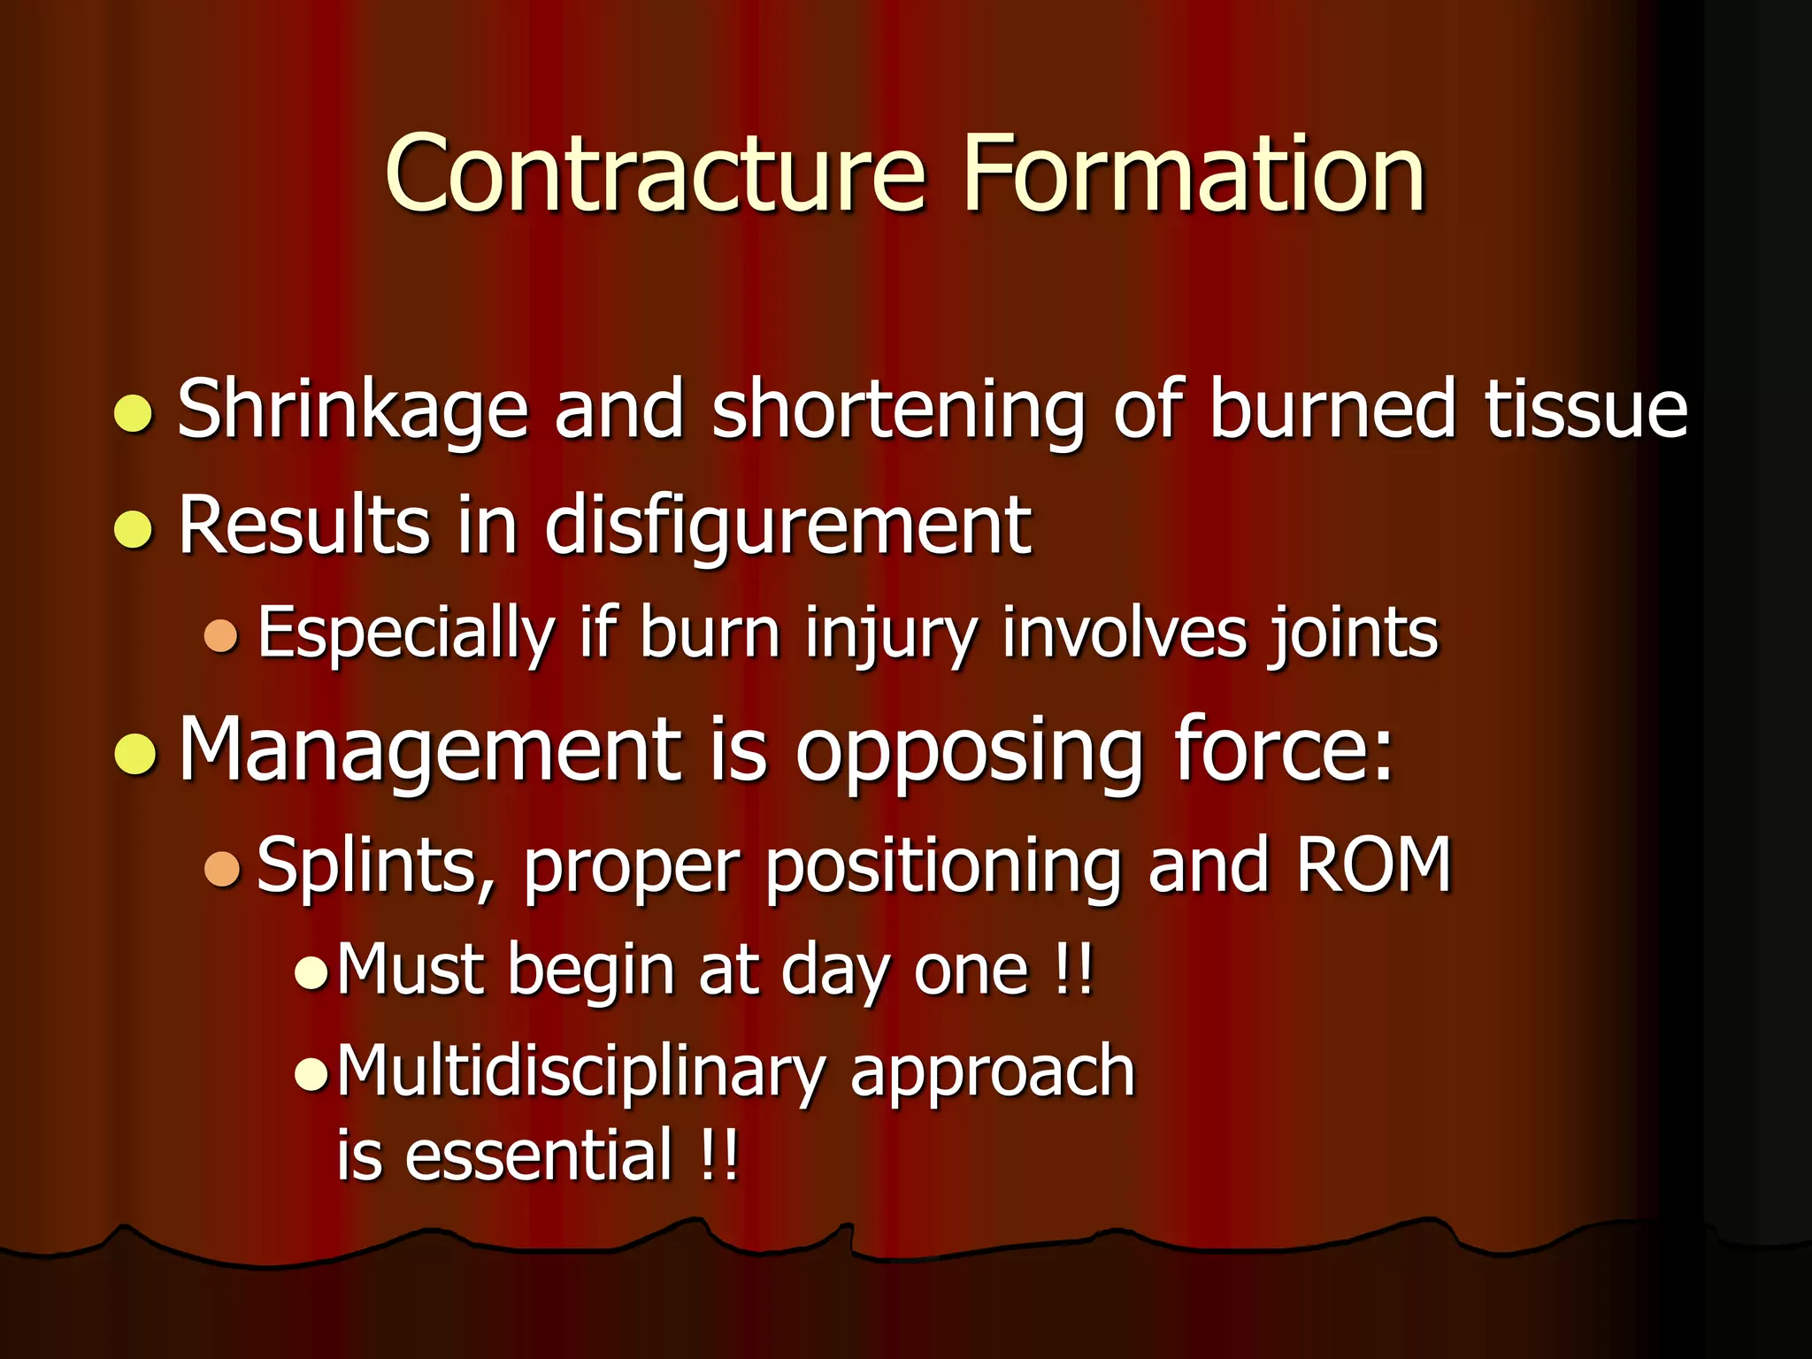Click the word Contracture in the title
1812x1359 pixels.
(x=656, y=173)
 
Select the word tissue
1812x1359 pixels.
(x=1585, y=409)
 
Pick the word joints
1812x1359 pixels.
(x=1354, y=633)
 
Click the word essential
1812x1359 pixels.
(x=539, y=1155)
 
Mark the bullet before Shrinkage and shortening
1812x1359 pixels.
(x=134, y=414)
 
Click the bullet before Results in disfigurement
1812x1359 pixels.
(x=134, y=529)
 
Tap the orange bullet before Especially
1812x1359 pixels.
(x=221, y=636)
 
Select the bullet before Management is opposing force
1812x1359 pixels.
(x=134, y=755)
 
